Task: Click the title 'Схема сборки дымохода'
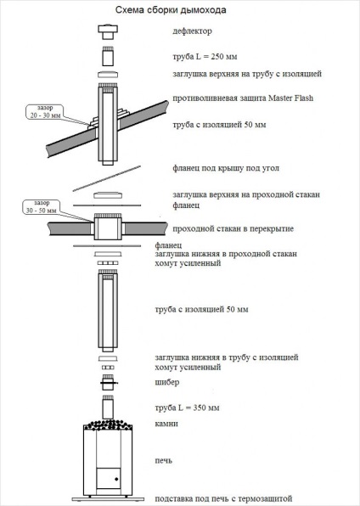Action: (171, 10)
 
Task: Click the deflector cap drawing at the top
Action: (108, 31)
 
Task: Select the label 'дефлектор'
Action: (192, 31)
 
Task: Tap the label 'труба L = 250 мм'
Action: (205, 57)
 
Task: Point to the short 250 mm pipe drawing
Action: (108, 57)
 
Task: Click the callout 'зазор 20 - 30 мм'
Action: (45, 112)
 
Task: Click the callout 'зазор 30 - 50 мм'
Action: (42, 207)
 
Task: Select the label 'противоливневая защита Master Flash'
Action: (243, 98)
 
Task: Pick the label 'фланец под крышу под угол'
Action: (226, 168)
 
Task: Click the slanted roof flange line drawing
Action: (106, 178)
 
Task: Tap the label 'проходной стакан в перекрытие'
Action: (233, 228)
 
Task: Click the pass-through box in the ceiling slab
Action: (108, 227)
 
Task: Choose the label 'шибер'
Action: (167, 382)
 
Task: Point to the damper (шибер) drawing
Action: (108, 383)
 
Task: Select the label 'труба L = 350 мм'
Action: (187, 408)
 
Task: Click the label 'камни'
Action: (166, 424)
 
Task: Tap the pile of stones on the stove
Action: (108, 425)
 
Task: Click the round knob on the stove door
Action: (116, 479)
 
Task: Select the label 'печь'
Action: (163, 460)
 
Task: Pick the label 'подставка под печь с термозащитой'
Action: (223, 498)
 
